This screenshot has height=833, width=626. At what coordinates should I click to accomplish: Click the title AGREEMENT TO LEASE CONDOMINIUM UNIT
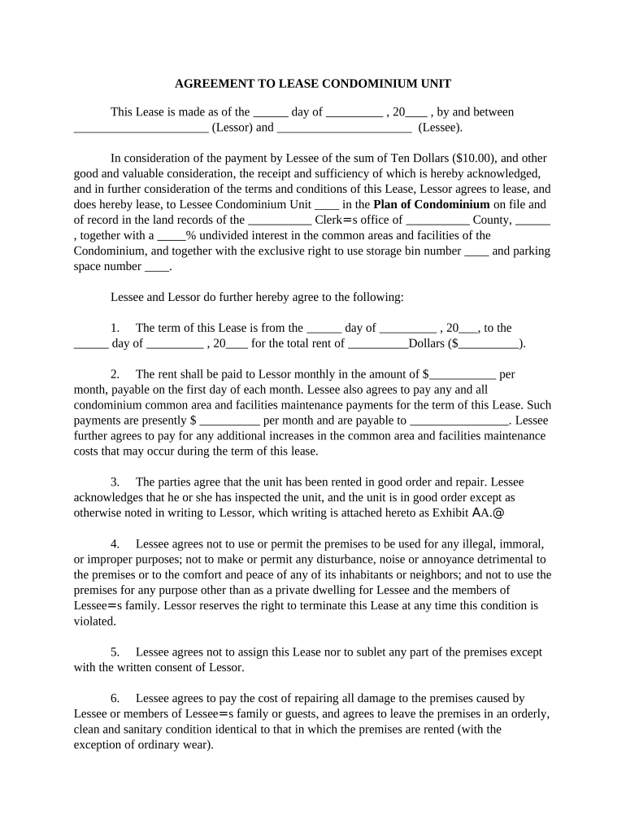click(313, 84)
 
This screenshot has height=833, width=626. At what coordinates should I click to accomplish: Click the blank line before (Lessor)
click(141, 128)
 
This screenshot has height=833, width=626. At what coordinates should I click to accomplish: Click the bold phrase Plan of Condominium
click(432, 204)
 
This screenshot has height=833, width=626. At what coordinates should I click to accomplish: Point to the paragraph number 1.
click(115, 328)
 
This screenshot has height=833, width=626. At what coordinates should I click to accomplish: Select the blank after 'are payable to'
click(459, 421)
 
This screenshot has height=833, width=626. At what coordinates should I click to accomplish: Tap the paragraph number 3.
click(115, 482)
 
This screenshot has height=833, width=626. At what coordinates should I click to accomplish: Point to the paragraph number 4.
click(115, 543)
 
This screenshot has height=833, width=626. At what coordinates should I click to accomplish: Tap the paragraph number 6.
click(115, 698)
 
